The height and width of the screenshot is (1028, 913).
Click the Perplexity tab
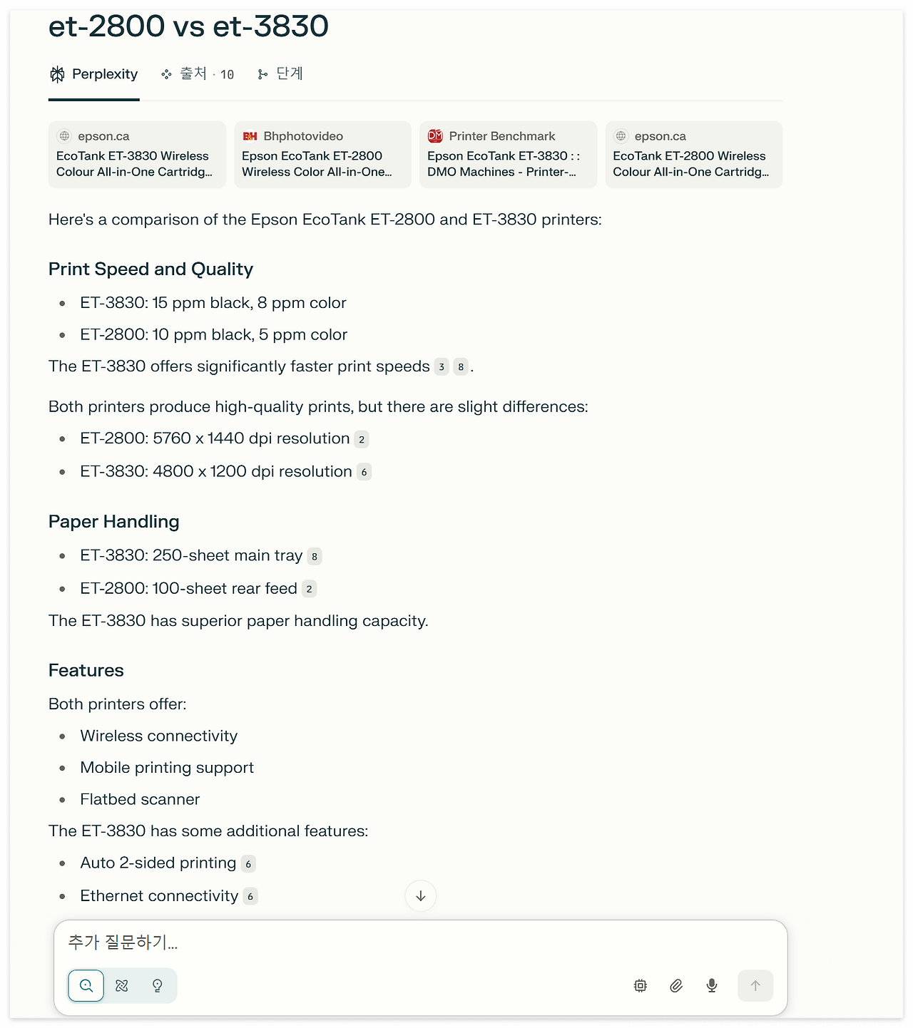click(94, 74)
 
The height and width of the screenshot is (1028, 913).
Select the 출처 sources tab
click(198, 74)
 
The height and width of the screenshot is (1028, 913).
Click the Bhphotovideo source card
click(322, 155)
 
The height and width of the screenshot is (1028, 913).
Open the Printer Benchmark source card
click(508, 155)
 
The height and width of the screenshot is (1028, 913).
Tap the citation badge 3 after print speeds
click(442, 367)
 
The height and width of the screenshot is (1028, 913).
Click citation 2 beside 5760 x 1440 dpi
click(362, 440)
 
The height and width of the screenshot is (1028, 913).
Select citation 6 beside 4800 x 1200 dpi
click(364, 472)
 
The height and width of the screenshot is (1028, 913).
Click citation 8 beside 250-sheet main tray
click(315, 557)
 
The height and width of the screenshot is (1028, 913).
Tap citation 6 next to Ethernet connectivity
click(250, 897)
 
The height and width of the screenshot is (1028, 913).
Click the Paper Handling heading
click(114, 522)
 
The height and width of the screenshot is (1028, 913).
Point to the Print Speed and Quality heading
click(151, 269)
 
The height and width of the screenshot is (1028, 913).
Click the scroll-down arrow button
click(421, 896)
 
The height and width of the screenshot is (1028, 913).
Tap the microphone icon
click(712, 986)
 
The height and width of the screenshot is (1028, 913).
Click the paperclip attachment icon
click(676, 986)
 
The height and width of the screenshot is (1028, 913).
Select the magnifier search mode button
click(86, 986)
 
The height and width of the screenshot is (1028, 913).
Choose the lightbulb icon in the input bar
click(158, 986)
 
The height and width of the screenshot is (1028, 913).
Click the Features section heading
click(86, 670)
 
